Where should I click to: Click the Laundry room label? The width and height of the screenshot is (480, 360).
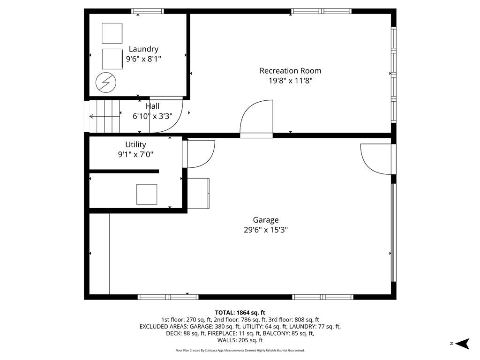[x=143, y=49]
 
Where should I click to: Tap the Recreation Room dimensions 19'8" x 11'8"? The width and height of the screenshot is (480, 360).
[x=290, y=81]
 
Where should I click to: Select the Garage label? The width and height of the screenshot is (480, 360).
[x=266, y=219]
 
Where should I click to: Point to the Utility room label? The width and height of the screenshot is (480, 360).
[x=135, y=144]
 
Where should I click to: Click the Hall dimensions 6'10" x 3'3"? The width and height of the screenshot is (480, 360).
[x=152, y=116]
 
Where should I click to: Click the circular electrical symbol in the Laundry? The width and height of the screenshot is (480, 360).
[x=105, y=82]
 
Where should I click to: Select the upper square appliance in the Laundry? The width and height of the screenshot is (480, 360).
[x=112, y=33]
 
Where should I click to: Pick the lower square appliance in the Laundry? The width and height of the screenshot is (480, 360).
[x=112, y=59]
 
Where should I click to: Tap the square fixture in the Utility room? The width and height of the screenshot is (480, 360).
[x=147, y=194]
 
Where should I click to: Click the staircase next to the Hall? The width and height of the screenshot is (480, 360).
[x=105, y=116]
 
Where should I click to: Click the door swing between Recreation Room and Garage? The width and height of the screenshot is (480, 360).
[x=256, y=119]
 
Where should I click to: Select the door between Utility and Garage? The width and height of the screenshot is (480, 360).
[x=198, y=153]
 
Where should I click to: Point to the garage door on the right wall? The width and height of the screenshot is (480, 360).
[x=393, y=239]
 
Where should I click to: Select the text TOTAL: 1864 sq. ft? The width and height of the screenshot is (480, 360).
[x=240, y=313]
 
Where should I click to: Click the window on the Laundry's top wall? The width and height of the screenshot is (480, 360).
[x=148, y=11]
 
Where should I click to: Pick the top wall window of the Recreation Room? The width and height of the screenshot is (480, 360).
[x=321, y=11]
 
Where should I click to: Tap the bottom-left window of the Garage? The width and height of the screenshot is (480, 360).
[x=168, y=297]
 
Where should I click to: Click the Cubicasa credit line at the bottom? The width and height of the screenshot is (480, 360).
[x=240, y=350]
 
